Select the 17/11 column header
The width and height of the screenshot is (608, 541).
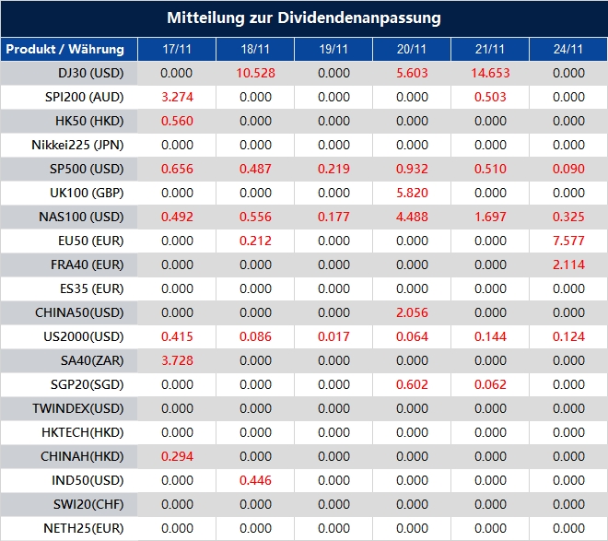tap(177, 49)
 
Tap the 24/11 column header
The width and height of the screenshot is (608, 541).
tap(569, 49)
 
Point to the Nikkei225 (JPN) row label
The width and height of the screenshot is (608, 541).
tap(77, 145)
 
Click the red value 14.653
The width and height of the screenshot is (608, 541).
tap(491, 73)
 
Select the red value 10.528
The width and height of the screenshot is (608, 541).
tap(256, 73)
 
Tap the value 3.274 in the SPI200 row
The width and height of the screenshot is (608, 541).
tap(177, 97)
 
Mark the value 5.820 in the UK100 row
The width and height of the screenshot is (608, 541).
tap(412, 193)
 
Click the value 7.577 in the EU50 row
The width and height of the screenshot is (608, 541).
tap(569, 241)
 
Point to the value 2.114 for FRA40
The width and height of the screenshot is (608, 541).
tap(569, 265)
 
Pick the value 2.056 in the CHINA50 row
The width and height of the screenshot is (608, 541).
tap(412, 312)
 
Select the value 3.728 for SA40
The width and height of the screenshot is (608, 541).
tap(177, 360)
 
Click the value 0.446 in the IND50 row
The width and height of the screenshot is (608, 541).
tap(256, 480)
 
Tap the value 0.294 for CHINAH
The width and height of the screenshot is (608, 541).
tap(177, 456)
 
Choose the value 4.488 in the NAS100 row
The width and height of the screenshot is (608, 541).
tap(412, 217)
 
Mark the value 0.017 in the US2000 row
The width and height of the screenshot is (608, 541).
tap(333, 336)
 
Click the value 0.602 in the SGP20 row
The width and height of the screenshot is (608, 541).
tap(412, 384)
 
